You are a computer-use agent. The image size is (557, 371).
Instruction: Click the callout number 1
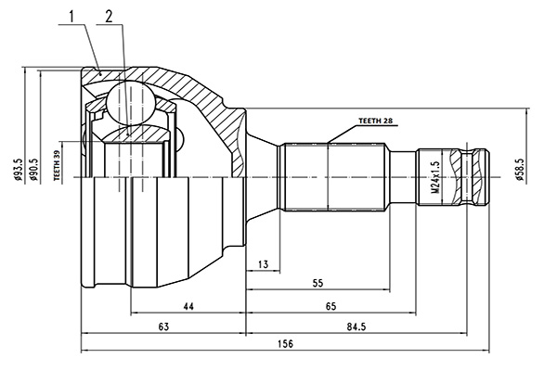click(x=72, y=17)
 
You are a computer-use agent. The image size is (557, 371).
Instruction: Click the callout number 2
click(x=109, y=17)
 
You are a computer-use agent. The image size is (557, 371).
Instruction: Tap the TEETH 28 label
click(x=375, y=121)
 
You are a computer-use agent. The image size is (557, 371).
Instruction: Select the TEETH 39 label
click(x=57, y=165)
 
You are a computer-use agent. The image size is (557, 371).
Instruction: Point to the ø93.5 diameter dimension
click(x=19, y=170)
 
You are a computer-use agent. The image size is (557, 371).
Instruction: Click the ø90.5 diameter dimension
click(x=34, y=170)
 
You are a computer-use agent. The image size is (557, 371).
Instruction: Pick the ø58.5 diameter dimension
click(x=520, y=170)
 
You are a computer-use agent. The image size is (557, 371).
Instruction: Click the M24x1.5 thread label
click(x=435, y=177)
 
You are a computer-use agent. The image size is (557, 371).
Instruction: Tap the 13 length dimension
click(x=263, y=264)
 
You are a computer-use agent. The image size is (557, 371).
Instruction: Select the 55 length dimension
click(x=317, y=283)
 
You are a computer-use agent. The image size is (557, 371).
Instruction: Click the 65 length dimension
click(x=330, y=306)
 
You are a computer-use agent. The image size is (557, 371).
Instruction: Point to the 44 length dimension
click(x=188, y=306)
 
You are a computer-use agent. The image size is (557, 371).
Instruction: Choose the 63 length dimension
click(x=163, y=326)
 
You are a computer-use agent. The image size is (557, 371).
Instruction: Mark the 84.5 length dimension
click(x=356, y=326)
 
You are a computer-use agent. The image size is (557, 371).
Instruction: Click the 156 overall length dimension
click(x=286, y=344)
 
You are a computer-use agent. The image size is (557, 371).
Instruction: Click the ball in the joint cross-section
click(x=131, y=103)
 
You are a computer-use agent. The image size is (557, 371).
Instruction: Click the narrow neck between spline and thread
click(x=403, y=177)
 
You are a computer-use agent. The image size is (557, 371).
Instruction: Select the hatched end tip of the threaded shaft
click(x=481, y=177)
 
